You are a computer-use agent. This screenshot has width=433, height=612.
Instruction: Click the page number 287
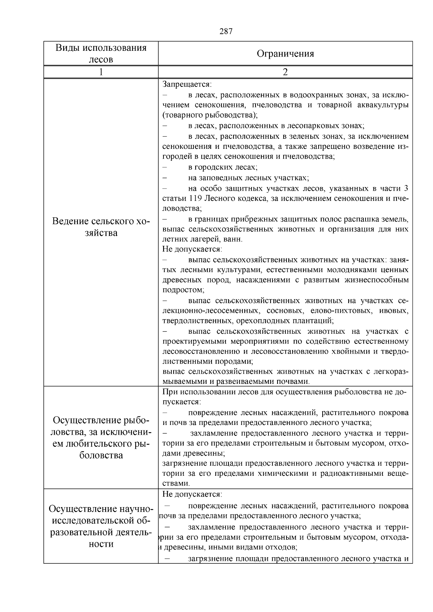click(226, 31)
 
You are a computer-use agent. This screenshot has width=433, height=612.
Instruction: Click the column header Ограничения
click(285, 54)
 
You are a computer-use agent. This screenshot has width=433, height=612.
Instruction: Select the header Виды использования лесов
click(101, 54)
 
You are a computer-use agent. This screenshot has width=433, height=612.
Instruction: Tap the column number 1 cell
click(101, 72)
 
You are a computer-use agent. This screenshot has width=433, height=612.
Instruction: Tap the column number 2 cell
click(285, 72)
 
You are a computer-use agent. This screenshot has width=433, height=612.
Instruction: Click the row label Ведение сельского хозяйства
click(101, 227)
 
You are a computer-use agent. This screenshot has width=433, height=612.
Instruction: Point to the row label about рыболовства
click(101, 438)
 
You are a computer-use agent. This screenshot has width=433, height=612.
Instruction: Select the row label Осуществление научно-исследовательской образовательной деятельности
click(101, 526)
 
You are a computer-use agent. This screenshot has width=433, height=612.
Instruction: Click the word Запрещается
click(186, 84)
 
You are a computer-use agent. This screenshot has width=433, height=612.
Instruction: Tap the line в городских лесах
click(222, 167)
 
